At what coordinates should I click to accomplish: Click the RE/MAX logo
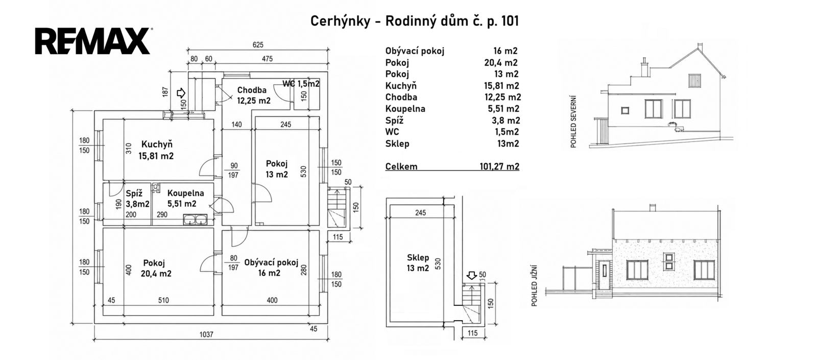92,41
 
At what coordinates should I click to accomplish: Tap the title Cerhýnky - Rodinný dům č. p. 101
414,21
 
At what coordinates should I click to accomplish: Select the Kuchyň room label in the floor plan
157,145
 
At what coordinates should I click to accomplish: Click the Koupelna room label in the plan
186,194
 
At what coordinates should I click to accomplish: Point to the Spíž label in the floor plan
134,194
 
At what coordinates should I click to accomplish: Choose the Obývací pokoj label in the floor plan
271,262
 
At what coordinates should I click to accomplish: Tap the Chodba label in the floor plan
252,90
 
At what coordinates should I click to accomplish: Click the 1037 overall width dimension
206,334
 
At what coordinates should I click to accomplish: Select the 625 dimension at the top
258,45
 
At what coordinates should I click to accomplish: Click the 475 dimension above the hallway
268,59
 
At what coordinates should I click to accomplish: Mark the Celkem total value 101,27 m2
499,166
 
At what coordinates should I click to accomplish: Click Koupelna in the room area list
405,109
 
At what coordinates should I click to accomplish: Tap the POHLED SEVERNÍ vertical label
573,122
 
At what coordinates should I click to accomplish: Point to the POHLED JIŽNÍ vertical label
534,286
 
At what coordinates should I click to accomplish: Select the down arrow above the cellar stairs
472,275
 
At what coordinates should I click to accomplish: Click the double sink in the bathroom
195,220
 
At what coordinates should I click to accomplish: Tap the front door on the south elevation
605,275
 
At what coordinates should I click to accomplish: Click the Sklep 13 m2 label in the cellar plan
418,263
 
